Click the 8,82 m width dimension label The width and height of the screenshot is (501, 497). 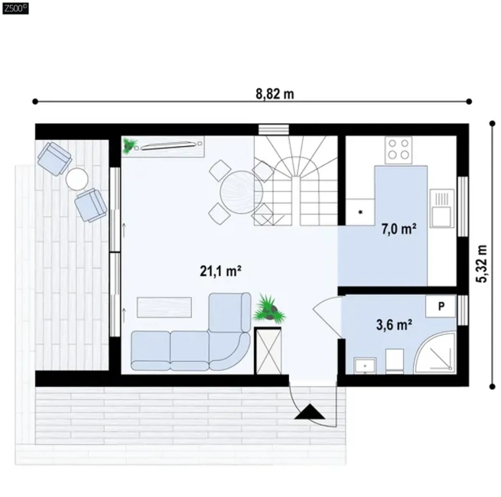275,94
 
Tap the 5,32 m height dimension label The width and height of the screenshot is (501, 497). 483,264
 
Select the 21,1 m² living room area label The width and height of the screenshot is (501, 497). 220,271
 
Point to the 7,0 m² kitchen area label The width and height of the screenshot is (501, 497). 399,229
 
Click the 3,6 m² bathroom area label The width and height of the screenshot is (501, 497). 394,325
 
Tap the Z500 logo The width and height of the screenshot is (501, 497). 15,8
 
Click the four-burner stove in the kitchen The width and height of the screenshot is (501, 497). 399,150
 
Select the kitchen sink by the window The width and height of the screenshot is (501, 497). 442,208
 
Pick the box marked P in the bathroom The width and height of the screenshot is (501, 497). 441,306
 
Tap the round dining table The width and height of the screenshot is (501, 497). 242,192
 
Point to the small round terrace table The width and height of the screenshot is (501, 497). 76,179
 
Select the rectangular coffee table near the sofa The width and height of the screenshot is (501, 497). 164,307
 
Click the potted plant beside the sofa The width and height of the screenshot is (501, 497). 269,309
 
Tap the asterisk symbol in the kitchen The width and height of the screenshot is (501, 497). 361,212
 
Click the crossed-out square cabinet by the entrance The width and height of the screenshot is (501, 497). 268,351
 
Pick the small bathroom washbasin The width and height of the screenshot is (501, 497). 365,365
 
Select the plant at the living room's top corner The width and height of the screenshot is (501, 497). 130,145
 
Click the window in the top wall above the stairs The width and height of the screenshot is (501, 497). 274,130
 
